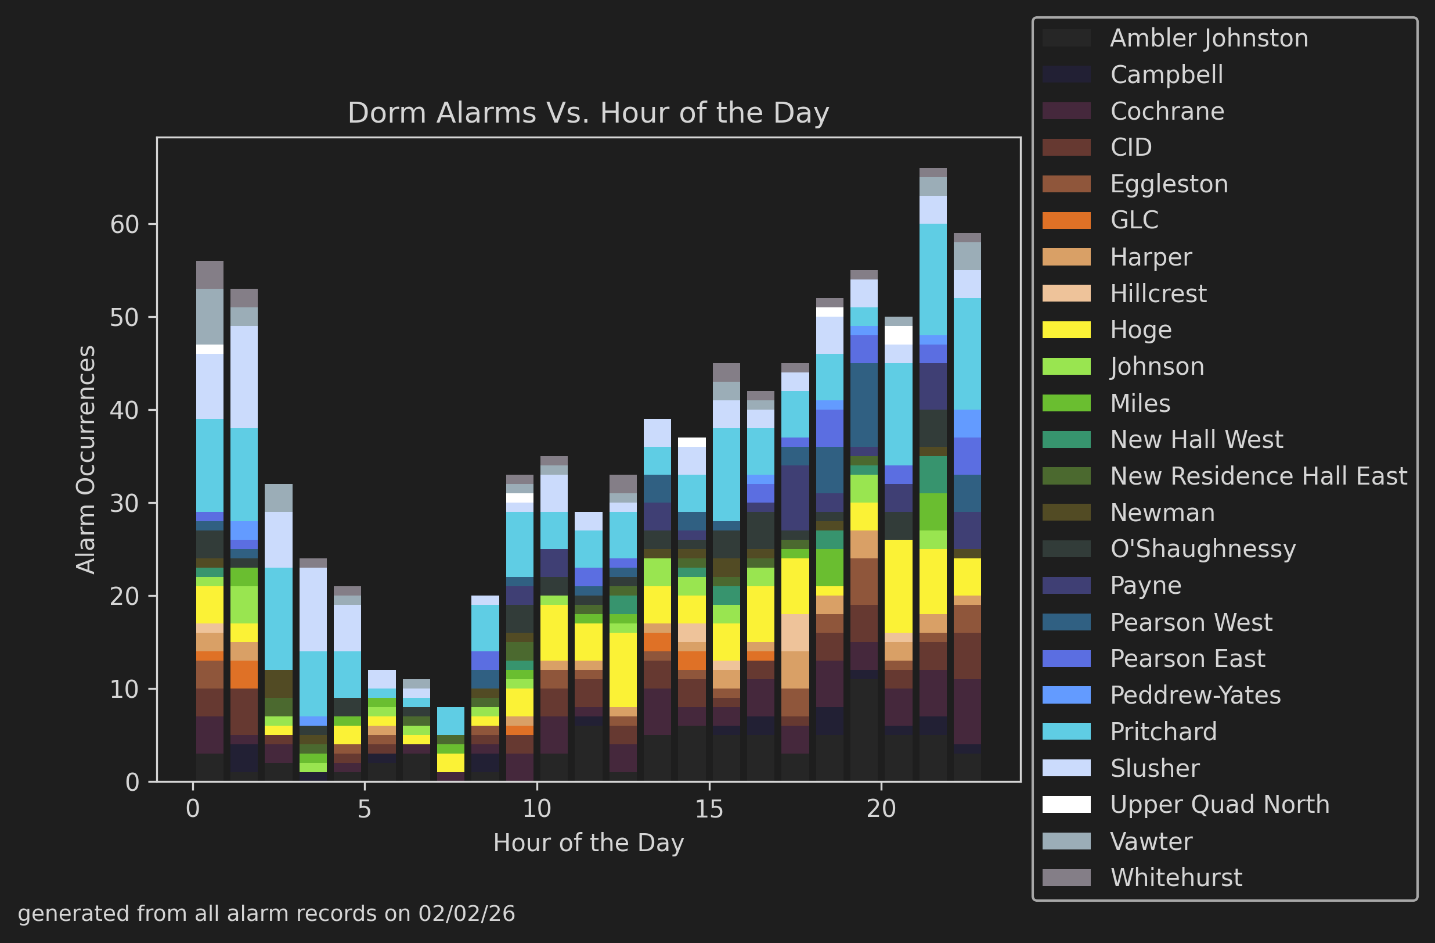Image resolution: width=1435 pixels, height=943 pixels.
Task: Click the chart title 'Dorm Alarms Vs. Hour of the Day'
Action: tap(588, 113)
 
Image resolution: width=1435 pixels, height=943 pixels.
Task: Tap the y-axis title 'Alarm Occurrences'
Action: tap(85, 459)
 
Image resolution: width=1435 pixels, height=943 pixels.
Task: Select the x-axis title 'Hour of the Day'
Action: tap(588, 843)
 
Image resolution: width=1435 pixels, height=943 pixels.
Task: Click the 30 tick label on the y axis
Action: tap(124, 503)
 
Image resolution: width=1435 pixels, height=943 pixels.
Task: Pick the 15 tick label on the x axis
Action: tap(708, 809)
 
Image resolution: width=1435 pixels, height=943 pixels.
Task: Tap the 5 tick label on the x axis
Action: tap(364, 809)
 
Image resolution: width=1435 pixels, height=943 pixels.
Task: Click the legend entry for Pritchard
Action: tap(1163, 732)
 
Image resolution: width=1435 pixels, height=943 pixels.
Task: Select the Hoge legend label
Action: tap(1141, 330)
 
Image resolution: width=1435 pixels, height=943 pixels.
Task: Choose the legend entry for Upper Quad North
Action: tap(1219, 805)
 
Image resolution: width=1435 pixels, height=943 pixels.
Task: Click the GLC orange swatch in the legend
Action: tap(1066, 220)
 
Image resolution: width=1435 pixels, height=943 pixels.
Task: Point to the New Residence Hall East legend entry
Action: tap(1258, 476)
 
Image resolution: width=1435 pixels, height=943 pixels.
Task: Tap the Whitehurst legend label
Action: tap(1176, 878)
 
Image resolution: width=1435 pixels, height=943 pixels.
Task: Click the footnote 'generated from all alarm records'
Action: tap(266, 913)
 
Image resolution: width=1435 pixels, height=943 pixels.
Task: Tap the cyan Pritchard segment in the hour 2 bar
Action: tap(279, 618)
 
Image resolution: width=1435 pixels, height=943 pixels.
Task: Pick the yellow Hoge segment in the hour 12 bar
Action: tap(623, 670)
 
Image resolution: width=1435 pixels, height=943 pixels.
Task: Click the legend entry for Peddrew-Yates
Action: tap(1195, 695)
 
